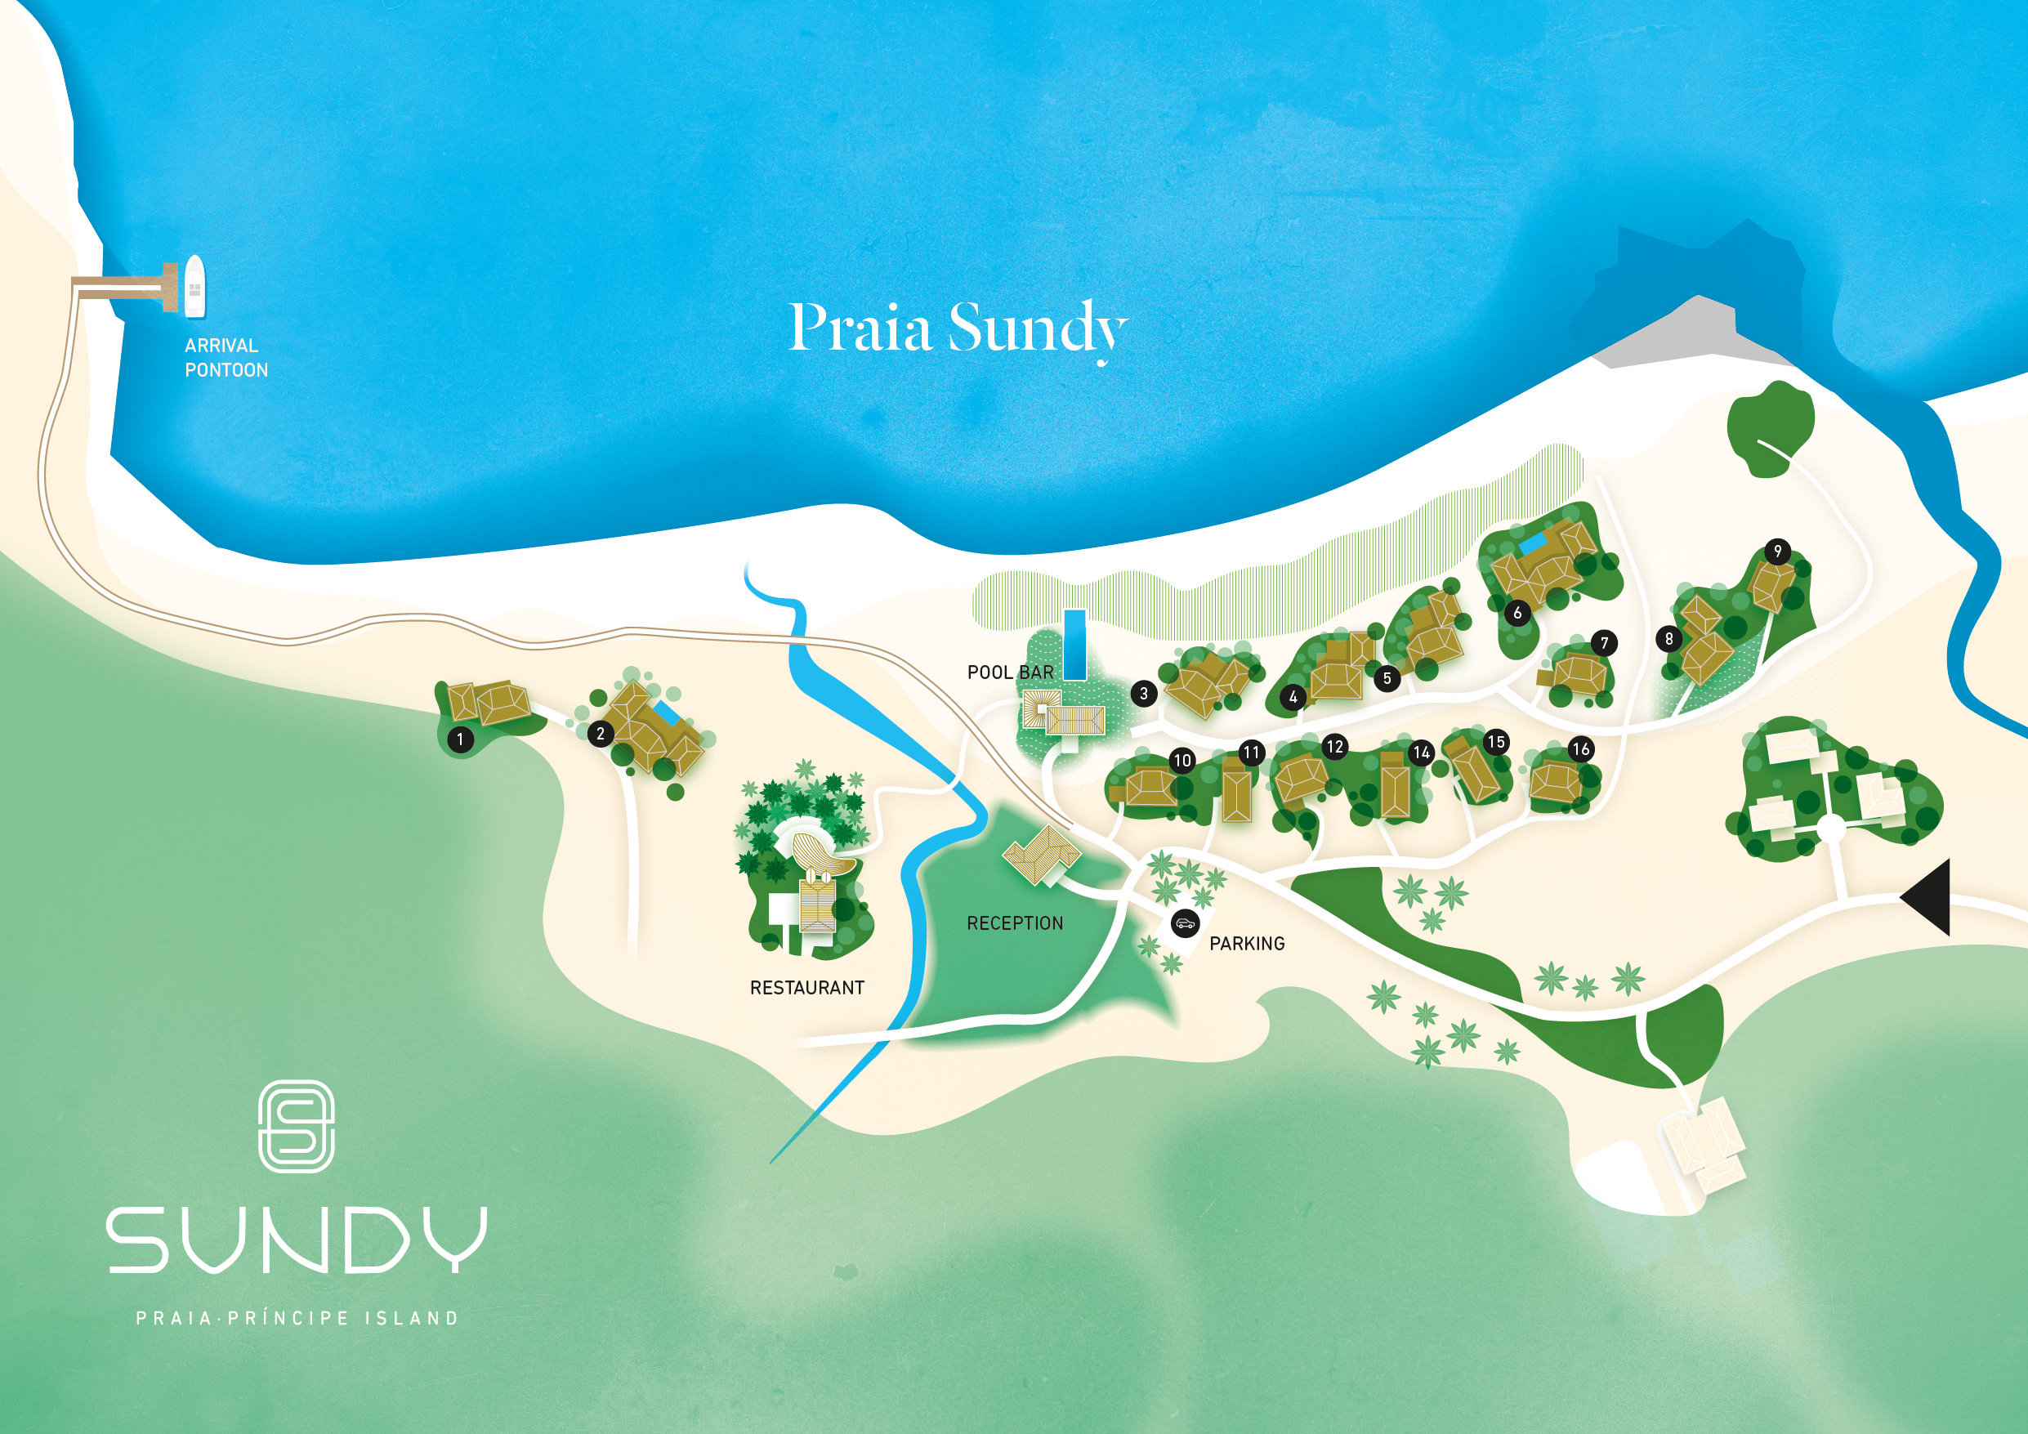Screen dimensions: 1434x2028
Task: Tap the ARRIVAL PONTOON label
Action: [x=226, y=358]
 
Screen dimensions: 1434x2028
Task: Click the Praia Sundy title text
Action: [x=958, y=329]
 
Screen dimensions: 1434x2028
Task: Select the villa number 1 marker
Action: [x=459, y=739]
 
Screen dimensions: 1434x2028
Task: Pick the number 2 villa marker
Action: [x=601, y=734]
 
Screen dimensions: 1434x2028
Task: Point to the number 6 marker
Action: [x=1517, y=612]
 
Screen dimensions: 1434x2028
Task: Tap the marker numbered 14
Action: [x=1421, y=753]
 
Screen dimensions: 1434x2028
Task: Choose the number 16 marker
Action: [x=1580, y=749]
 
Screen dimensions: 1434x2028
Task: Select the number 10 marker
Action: [x=1182, y=760]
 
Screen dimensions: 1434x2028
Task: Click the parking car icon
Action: [x=1184, y=924]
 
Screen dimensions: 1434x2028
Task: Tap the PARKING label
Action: [x=1246, y=944]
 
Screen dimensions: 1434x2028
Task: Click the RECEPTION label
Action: [x=1015, y=923]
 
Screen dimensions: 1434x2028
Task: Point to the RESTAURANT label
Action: [x=806, y=988]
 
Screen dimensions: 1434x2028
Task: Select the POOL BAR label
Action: [x=1011, y=672]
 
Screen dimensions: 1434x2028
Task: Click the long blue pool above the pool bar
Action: [x=1074, y=644]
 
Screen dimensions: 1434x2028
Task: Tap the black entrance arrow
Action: [x=1928, y=898]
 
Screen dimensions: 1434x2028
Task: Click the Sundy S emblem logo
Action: [x=296, y=1126]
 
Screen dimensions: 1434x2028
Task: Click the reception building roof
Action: [x=1043, y=855]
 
